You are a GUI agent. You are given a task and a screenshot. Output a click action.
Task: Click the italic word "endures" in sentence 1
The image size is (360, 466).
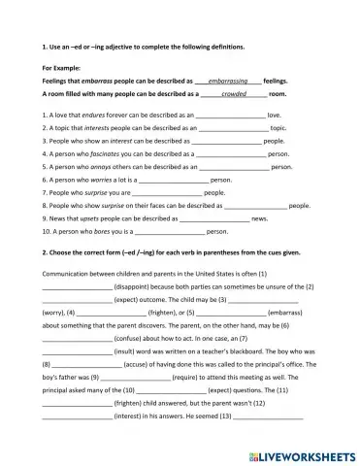click(x=97, y=115)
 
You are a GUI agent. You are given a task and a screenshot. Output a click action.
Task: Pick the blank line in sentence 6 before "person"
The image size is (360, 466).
click(x=173, y=180)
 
